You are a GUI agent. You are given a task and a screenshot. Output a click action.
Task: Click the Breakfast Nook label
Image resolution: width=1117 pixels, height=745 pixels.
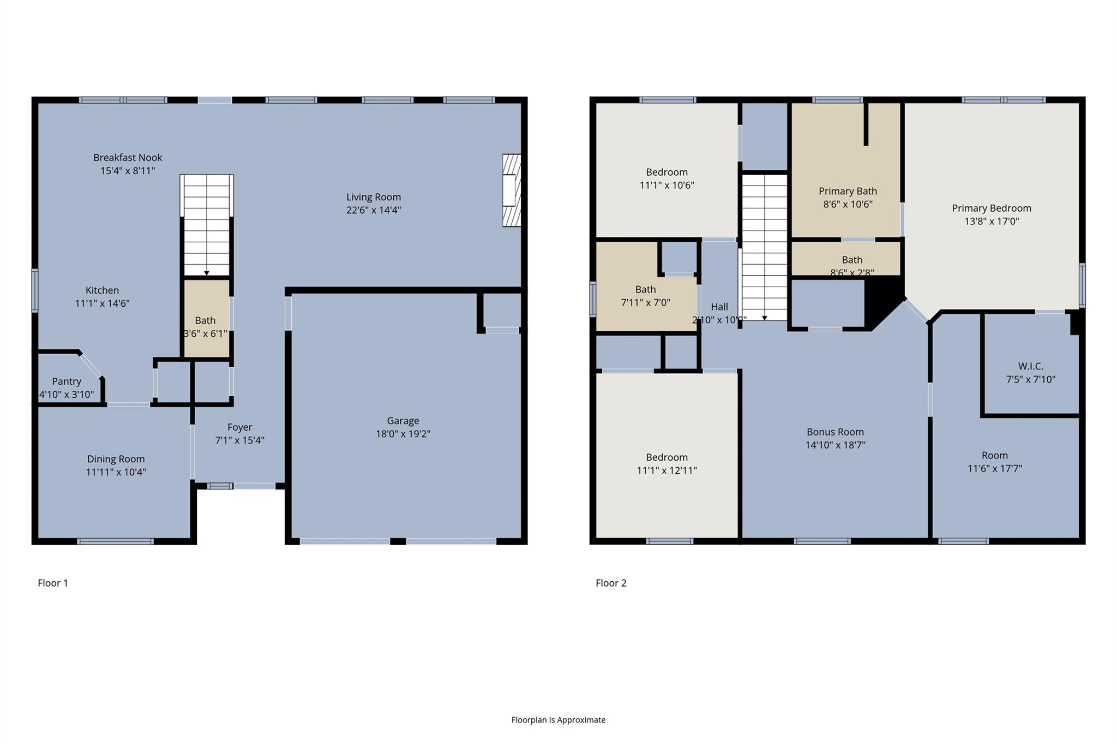click(128, 158)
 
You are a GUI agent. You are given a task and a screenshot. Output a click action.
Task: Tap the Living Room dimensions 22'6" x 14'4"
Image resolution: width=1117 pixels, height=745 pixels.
click(374, 210)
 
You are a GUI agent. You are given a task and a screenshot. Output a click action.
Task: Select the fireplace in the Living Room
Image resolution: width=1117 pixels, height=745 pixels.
click(512, 190)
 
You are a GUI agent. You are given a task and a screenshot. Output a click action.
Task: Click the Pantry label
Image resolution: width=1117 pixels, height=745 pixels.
click(67, 382)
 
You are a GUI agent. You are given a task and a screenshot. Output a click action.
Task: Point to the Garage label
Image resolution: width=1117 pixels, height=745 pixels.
click(403, 421)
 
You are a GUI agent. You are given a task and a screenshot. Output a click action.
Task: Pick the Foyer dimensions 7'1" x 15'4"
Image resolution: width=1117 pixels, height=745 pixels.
click(240, 440)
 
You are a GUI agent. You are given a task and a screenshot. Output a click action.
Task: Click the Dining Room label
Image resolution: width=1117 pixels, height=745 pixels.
click(116, 459)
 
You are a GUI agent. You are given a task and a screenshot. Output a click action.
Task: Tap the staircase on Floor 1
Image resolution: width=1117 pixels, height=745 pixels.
click(207, 225)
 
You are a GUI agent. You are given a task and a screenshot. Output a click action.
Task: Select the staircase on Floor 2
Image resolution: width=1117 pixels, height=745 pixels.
click(764, 247)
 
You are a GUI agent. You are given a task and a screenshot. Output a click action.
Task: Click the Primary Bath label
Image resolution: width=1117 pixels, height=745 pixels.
click(848, 191)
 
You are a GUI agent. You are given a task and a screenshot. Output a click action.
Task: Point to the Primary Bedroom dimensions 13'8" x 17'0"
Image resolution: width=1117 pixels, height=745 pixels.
click(992, 221)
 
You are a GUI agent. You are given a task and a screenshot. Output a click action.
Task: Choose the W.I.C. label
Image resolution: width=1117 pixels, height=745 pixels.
click(1030, 366)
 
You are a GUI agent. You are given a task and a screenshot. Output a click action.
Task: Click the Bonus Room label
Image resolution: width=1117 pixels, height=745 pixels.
click(835, 432)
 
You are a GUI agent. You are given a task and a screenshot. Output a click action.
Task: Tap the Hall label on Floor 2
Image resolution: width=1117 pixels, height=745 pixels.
click(719, 307)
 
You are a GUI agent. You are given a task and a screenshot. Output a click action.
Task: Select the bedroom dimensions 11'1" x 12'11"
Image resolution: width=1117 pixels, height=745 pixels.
click(666, 470)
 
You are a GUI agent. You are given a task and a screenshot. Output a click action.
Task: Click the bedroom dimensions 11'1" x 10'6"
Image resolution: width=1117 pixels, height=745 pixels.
click(666, 185)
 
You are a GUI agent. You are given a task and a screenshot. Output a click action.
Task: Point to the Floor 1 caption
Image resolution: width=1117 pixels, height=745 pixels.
click(53, 583)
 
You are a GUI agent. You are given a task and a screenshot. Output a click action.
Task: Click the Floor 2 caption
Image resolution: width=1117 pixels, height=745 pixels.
click(611, 583)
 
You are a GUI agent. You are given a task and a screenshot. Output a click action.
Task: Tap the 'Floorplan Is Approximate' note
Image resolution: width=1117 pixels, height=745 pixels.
click(558, 720)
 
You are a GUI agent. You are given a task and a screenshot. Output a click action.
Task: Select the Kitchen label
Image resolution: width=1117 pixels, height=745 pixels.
click(102, 290)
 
